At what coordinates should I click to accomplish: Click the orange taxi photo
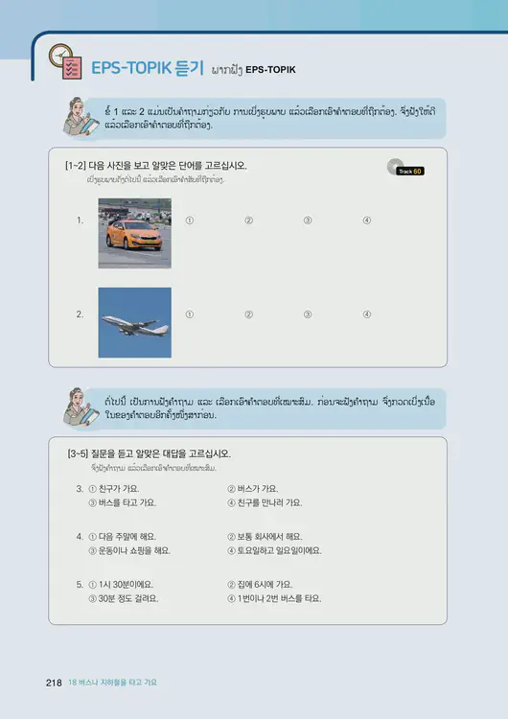click(134, 233)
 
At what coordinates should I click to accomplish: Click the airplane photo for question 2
click(134, 322)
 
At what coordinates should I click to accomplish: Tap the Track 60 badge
click(410, 170)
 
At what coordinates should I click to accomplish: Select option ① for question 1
click(189, 220)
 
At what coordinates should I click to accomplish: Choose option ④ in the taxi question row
click(367, 220)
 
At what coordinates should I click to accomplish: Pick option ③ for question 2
click(308, 314)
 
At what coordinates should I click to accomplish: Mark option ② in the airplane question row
click(248, 314)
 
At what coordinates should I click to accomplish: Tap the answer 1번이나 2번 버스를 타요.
click(279, 597)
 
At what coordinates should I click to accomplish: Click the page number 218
click(54, 683)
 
